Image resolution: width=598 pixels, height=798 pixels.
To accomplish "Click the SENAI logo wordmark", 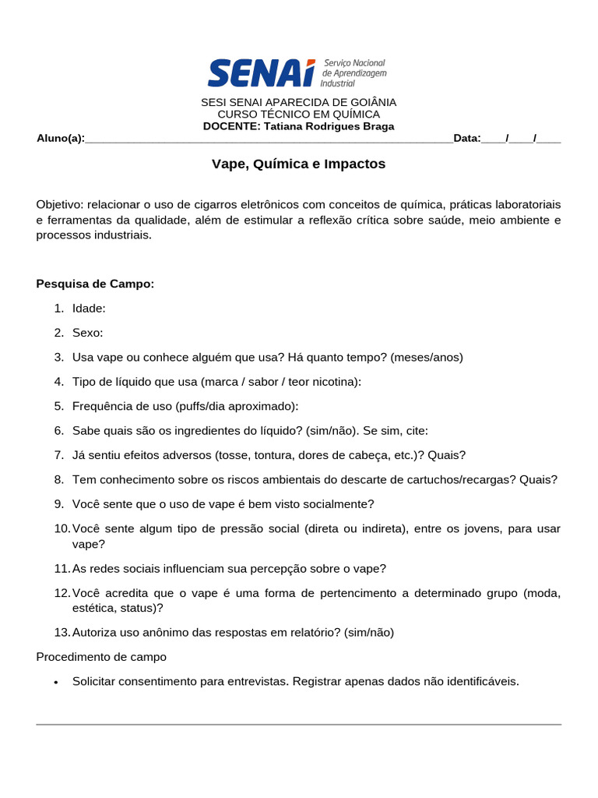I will (x=262, y=73).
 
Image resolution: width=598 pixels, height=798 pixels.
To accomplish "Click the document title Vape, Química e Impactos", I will (x=298, y=164).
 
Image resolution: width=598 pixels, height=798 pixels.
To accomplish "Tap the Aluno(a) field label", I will (x=60, y=139).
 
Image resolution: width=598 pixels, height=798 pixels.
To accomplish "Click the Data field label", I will (x=466, y=139).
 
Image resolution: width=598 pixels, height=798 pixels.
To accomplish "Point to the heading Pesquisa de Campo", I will (x=95, y=284).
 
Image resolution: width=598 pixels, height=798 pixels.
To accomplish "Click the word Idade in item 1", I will (x=88, y=309).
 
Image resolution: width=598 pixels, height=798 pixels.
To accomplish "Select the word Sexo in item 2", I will (x=87, y=333).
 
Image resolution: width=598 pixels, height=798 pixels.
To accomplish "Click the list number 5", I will (x=59, y=406).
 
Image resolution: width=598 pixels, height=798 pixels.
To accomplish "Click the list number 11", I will (x=62, y=569).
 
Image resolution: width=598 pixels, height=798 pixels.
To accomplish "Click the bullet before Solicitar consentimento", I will (x=56, y=682).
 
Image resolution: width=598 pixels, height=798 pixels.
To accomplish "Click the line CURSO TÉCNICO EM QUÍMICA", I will (x=298, y=115).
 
